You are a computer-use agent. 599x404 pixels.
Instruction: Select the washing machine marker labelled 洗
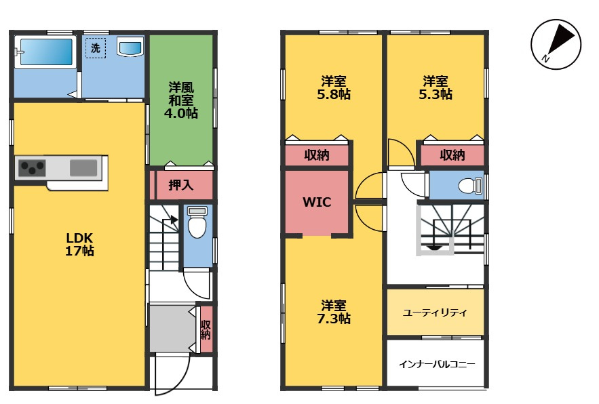coord(95,48)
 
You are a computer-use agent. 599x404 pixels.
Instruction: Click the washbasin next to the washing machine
coord(130,47)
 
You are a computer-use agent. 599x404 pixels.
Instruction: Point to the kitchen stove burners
coord(31,167)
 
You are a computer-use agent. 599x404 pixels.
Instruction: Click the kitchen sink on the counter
coord(83,167)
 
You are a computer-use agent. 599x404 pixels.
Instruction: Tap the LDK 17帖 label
coord(79,244)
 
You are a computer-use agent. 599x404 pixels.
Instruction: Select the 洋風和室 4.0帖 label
coord(181,100)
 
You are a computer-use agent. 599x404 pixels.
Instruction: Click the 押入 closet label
coord(180,185)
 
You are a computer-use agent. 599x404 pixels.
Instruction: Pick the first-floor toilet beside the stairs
coord(197,225)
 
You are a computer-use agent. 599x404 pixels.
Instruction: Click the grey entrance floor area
coord(172,328)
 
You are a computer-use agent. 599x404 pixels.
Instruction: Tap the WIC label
coord(317,201)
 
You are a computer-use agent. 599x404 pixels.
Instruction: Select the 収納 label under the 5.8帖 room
coord(317,155)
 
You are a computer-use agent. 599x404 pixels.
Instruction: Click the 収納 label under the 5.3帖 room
coord(452,155)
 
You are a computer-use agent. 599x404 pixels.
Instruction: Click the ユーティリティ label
coord(435,312)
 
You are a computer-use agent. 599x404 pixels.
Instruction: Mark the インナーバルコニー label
coord(436,364)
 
